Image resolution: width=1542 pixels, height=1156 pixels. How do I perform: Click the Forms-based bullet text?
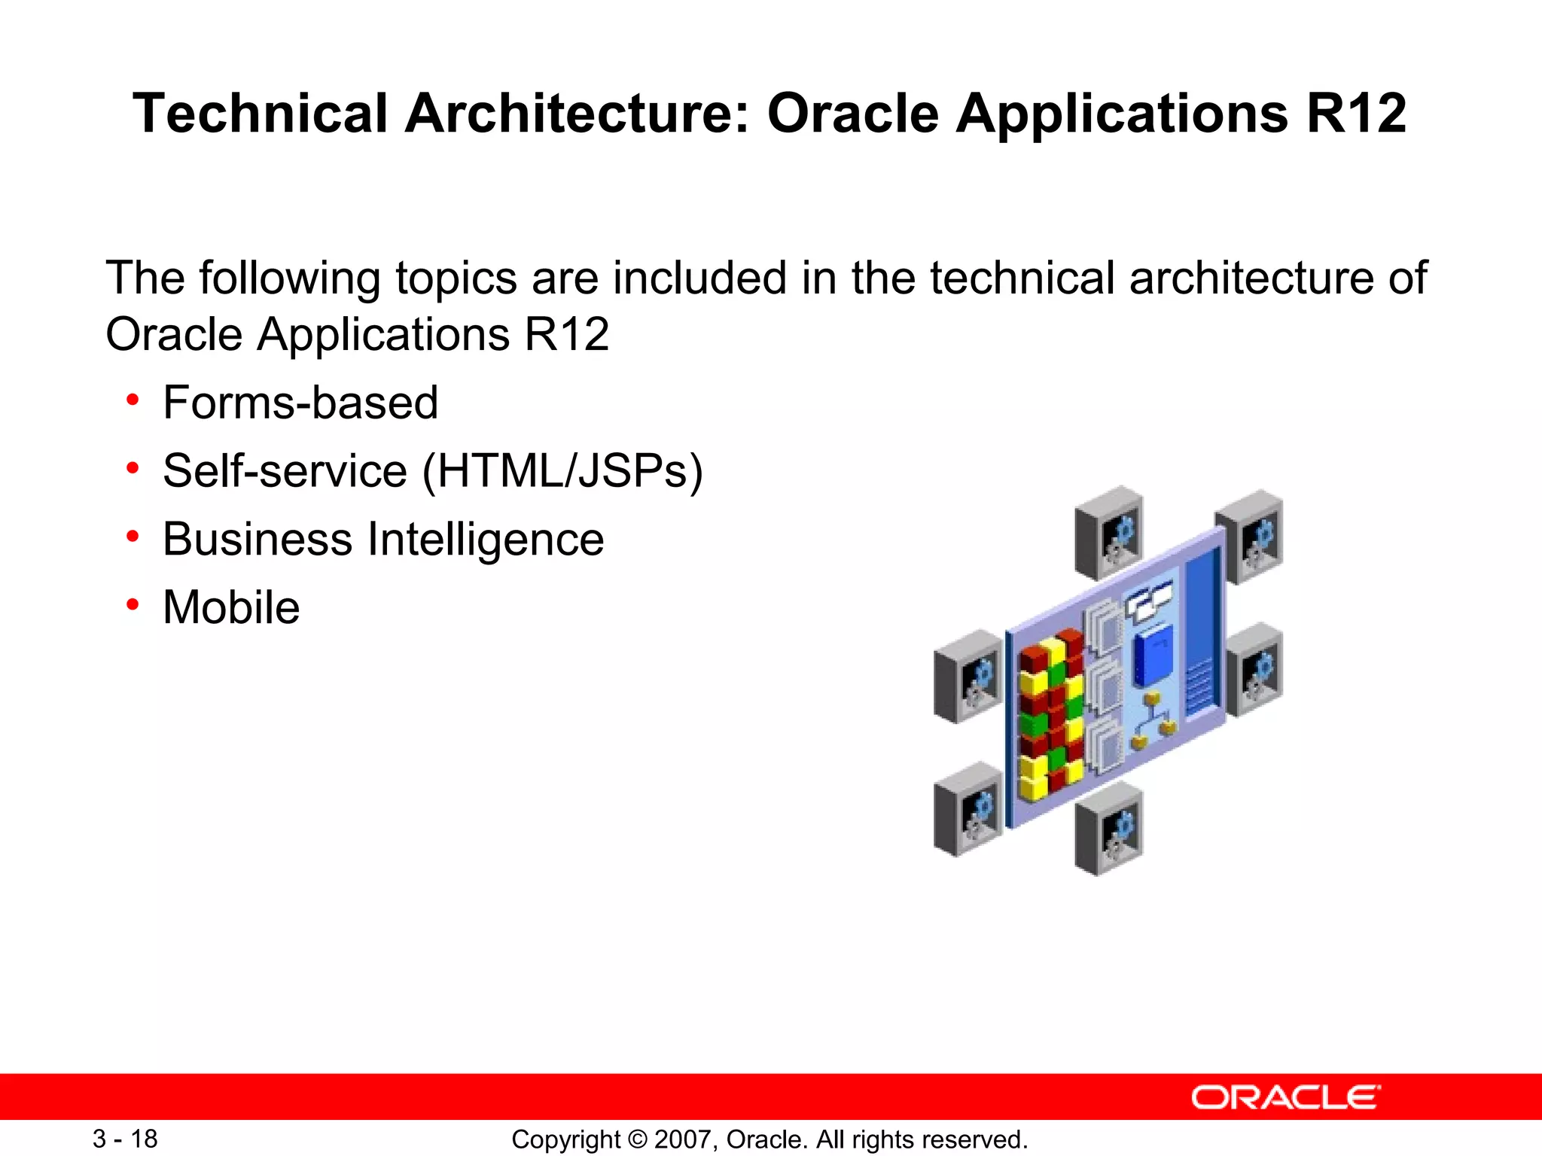coord(300,403)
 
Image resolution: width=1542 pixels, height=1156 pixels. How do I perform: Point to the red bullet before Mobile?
coord(133,604)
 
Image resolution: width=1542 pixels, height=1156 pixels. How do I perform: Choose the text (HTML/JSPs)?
coord(562,471)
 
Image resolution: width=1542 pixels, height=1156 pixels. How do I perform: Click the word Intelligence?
coord(486,540)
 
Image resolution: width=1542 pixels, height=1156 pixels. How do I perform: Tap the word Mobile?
coord(231,607)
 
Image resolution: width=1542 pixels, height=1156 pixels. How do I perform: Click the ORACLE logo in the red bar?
coord(1285,1098)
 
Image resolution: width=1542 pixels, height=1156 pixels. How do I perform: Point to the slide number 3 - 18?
coord(125,1139)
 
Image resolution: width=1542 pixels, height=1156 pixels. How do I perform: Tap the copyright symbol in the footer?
coord(638,1139)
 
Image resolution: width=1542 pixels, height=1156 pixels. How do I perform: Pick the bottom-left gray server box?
coord(968,809)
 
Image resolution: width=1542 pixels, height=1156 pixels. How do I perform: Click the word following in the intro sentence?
coord(289,278)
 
